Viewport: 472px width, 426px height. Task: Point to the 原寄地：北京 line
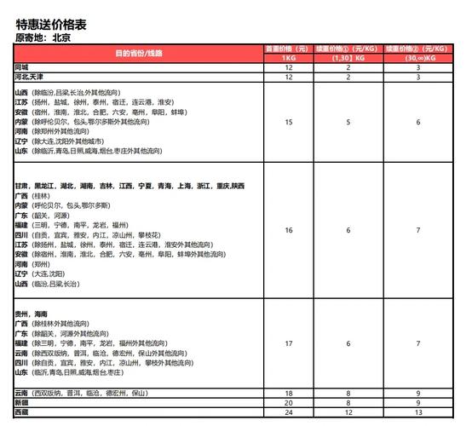(x=43, y=37)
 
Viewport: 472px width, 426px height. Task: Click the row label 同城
(x=21, y=66)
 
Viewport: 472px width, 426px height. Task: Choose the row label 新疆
(x=21, y=401)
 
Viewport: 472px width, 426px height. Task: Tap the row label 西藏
(x=21, y=412)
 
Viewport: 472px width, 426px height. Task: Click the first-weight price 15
(x=289, y=123)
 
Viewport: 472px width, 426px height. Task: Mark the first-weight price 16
(x=289, y=230)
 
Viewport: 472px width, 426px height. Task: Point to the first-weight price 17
(x=289, y=343)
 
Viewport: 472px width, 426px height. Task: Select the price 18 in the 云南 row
(x=289, y=392)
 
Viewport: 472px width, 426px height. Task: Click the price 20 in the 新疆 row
(x=289, y=401)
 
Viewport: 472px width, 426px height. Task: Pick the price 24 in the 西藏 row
(x=289, y=412)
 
